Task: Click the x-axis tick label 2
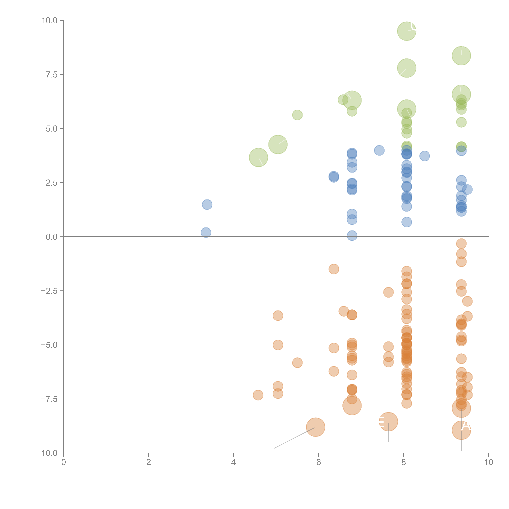tap(149, 462)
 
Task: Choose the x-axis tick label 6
tap(319, 462)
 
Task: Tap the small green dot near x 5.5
tap(297, 115)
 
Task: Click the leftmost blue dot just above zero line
tap(206, 232)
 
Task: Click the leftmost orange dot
tap(258, 395)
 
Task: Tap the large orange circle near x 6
tap(315, 427)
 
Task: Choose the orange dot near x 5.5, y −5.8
tap(297, 363)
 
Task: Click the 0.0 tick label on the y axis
tap(52, 237)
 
